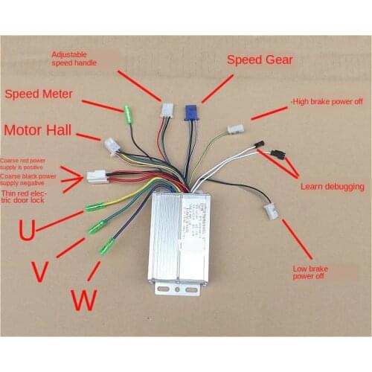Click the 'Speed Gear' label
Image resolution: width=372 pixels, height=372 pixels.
coord(260,60)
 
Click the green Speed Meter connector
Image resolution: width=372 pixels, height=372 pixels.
coord(128,115)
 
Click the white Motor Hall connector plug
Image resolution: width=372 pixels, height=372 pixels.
coord(112,146)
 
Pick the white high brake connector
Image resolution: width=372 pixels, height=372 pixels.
coord(237,129)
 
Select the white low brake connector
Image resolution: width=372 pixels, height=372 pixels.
coord(272,211)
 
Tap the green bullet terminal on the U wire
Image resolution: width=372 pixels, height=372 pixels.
coord(95,206)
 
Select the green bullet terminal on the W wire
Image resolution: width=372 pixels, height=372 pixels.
coord(107,245)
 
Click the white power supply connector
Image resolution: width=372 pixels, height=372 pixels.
coord(97,176)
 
